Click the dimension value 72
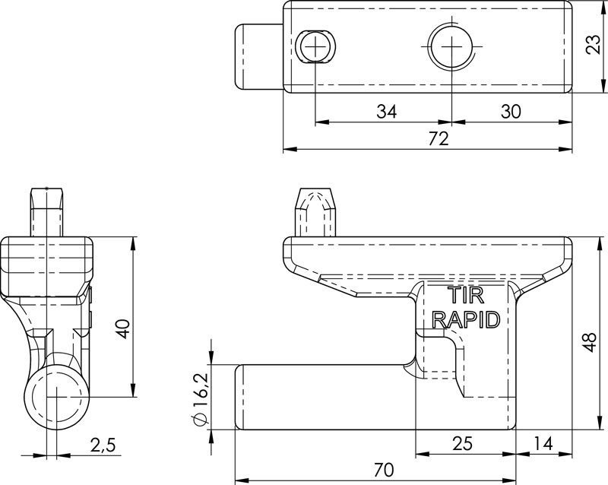click(438, 139)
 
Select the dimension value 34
click(386, 112)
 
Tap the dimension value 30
click(511, 112)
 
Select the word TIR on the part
click(464, 295)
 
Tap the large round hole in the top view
click(451, 47)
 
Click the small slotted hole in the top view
click(316, 47)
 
